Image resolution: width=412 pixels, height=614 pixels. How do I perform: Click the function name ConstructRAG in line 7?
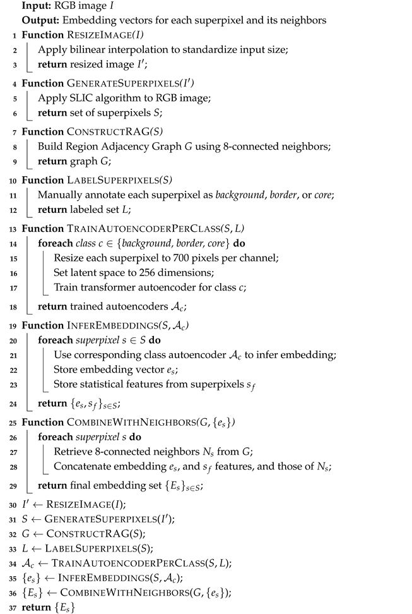(100, 132)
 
